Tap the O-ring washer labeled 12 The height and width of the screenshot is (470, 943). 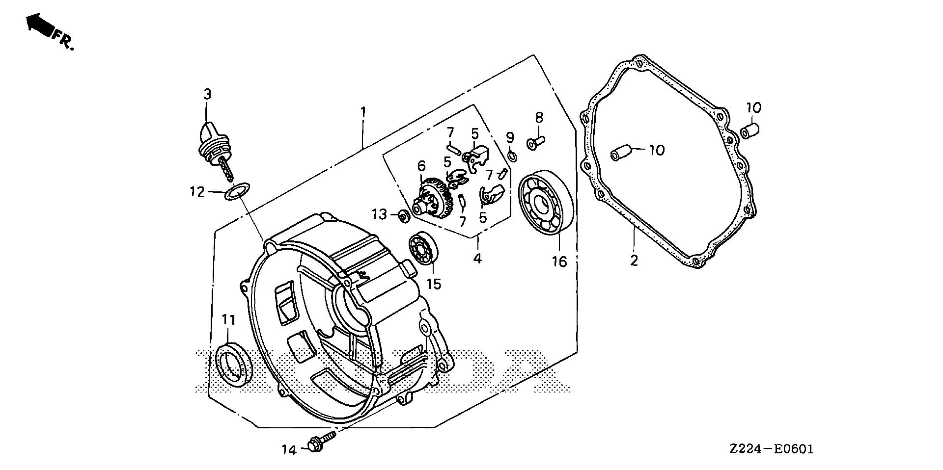coord(237,191)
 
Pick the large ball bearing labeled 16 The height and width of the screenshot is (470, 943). coord(544,203)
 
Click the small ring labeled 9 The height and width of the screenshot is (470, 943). coord(511,156)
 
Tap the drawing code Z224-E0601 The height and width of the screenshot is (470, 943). coord(771,449)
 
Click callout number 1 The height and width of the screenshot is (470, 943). coord(363,112)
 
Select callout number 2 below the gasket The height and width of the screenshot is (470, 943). coord(634,261)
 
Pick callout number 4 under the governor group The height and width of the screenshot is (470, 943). coord(477,258)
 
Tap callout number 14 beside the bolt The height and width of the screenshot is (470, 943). coord(289,449)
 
